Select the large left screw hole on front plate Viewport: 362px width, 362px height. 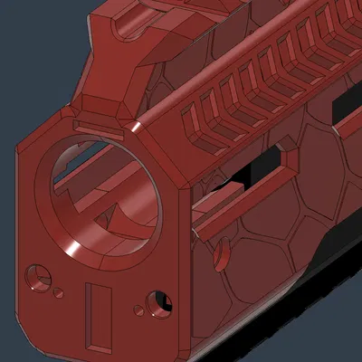pos(38,273)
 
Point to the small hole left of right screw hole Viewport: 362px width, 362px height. pos(139,310)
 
